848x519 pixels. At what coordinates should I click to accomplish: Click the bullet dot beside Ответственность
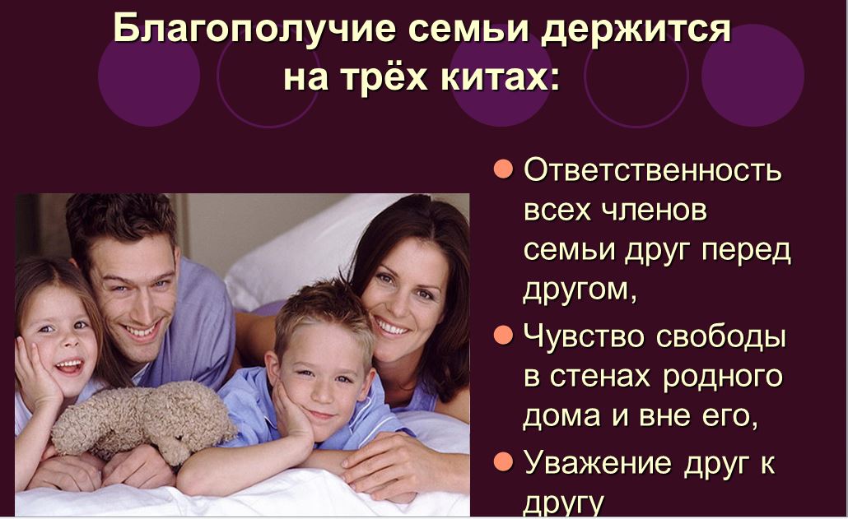(503, 169)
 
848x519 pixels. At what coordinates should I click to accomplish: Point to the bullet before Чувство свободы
(503, 335)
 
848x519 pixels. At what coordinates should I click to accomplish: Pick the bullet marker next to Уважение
(503, 461)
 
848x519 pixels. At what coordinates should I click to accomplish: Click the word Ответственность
(653, 169)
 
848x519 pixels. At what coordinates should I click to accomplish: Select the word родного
(723, 378)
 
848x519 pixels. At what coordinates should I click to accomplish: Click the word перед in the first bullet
(747, 252)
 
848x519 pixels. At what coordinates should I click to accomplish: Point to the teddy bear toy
(143, 419)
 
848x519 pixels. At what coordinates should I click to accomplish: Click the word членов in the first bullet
(655, 210)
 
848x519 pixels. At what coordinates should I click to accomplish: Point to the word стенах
(599, 377)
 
